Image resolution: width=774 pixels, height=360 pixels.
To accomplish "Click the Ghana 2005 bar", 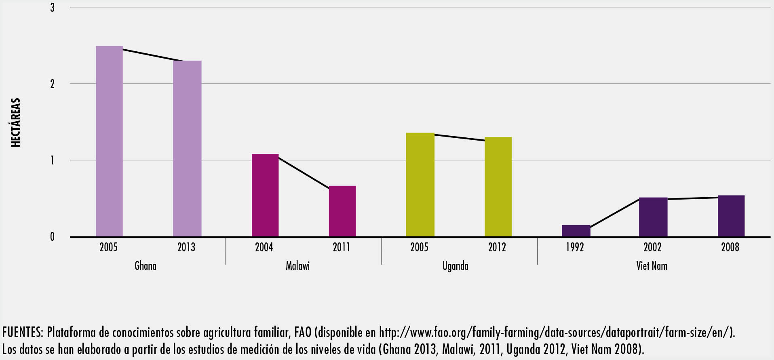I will [x=109, y=141].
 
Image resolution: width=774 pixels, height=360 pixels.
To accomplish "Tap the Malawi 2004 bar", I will [x=265, y=196].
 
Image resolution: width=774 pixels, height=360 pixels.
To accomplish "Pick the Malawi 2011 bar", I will [x=342, y=211].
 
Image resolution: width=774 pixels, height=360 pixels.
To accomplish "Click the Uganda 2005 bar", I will [x=420, y=185].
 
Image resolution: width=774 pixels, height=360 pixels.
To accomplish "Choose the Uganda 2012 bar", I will [x=498, y=187].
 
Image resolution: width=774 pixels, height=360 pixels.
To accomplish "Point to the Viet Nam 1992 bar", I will [x=576, y=231].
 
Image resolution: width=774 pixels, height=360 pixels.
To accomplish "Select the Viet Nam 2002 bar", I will [x=653, y=217].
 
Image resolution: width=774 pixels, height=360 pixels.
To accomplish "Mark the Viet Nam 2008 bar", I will [x=731, y=216].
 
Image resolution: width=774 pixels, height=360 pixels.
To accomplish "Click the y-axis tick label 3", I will [x=52, y=8].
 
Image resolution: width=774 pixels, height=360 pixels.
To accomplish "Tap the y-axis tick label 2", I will [x=52, y=84].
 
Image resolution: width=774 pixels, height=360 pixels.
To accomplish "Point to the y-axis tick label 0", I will [x=52, y=237].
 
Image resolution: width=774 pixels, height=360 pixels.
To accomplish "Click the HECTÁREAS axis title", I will [x=15, y=122].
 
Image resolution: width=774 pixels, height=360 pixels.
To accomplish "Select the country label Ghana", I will [x=146, y=266].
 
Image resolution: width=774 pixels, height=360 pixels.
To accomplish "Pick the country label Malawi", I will [x=298, y=266].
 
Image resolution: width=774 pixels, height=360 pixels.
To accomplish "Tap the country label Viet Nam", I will [x=652, y=266].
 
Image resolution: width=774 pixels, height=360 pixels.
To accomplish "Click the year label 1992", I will [x=575, y=247].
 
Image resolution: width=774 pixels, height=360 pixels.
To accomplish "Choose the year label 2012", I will [x=497, y=247].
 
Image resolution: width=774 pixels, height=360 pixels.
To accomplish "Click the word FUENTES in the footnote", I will [x=22, y=333].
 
